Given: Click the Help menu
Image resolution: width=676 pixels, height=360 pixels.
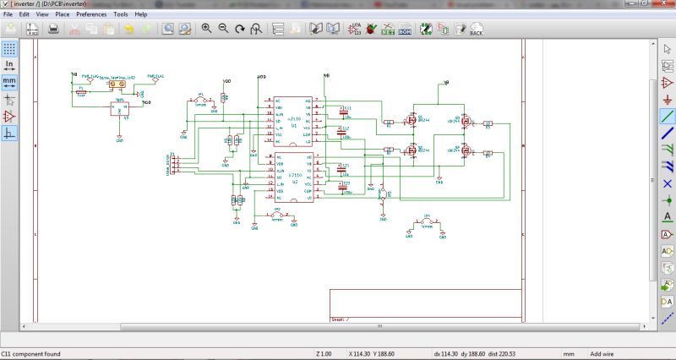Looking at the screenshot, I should [x=140, y=14].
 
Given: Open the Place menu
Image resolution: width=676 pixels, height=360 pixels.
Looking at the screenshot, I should [x=63, y=14].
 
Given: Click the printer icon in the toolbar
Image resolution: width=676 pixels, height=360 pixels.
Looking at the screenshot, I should [x=53, y=30].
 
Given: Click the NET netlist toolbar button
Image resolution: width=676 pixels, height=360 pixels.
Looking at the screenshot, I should [x=388, y=30].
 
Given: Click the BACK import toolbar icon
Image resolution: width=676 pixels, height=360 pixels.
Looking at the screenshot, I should [x=476, y=30].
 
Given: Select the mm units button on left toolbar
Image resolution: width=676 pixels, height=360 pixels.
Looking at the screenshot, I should [x=9, y=82].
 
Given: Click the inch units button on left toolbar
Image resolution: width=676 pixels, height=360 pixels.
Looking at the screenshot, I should [x=9, y=64].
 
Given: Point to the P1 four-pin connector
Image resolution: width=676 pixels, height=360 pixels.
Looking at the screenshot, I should [x=172, y=162].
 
